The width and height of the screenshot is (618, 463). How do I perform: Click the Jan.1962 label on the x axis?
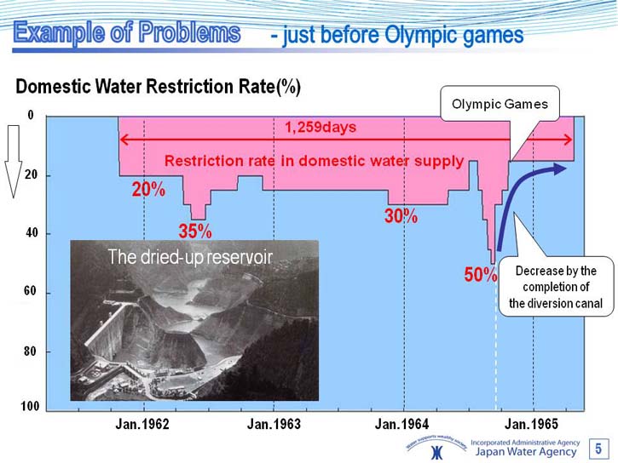click(x=142, y=424)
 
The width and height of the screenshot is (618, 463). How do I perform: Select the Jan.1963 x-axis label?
click(x=274, y=424)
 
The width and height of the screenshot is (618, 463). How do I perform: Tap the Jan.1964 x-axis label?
click(x=402, y=424)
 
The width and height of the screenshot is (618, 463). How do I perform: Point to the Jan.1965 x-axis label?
click(x=531, y=424)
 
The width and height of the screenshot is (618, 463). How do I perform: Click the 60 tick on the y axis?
click(x=30, y=291)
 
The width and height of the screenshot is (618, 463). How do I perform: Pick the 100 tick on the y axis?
click(x=30, y=406)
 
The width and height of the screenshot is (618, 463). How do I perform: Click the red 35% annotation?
click(x=195, y=231)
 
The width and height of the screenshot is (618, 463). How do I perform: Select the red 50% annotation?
click(x=481, y=275)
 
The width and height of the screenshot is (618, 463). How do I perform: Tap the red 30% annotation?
click(x=401, y=216)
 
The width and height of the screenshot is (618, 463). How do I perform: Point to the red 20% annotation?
click(x=148, y=190)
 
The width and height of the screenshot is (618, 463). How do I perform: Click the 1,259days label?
click(x=321, y=127)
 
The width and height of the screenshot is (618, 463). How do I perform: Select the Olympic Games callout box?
click(x=500, y=104)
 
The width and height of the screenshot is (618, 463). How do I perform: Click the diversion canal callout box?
click(x=556, y=287)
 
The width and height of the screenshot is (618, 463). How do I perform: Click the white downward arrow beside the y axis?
click(x=14, y=161)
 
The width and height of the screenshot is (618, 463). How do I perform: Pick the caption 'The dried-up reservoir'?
click(x=190, y=257)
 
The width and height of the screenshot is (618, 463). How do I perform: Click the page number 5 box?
click(x=598, y=449)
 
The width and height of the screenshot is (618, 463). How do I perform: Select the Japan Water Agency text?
click(x=526, y=452)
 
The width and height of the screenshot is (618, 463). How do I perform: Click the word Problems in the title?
click(x=189, y=32)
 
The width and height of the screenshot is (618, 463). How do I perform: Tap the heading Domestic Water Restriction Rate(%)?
click(x=158, y=87)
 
